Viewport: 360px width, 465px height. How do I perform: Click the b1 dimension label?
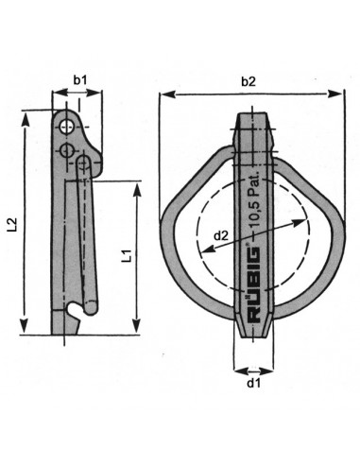79,80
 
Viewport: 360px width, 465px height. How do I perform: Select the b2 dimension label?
248,81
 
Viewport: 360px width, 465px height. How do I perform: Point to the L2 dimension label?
12,224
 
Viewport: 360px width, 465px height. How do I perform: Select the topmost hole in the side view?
65,127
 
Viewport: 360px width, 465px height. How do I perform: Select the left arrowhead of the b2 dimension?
163,95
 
